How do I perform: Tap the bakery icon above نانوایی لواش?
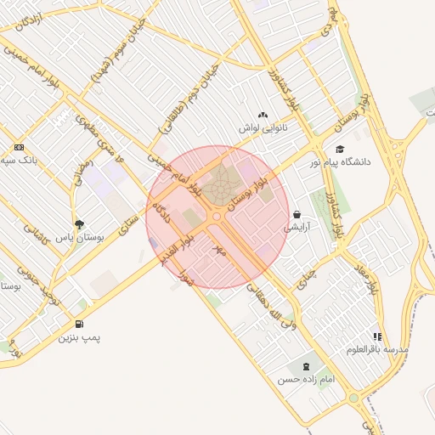pyautogui.click(x=263, y=115)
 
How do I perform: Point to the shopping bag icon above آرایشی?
pyautogui.click(x=297, y=214)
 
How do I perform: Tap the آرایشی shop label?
pyautogui.click(x=297, y=227)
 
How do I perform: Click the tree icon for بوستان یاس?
pyautogui.click(x=79, y=225)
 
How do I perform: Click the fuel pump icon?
pyautogui.click(x=79, y=324)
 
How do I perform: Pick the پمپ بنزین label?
pyautogui.click(x=79, y=337)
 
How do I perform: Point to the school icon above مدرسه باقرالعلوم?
pyautogui.click(x=377, y=336)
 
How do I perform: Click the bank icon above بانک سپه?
pyautogui.click(x=20, y=147)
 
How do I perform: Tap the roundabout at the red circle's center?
pyautogui.click(x=216, y=217)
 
